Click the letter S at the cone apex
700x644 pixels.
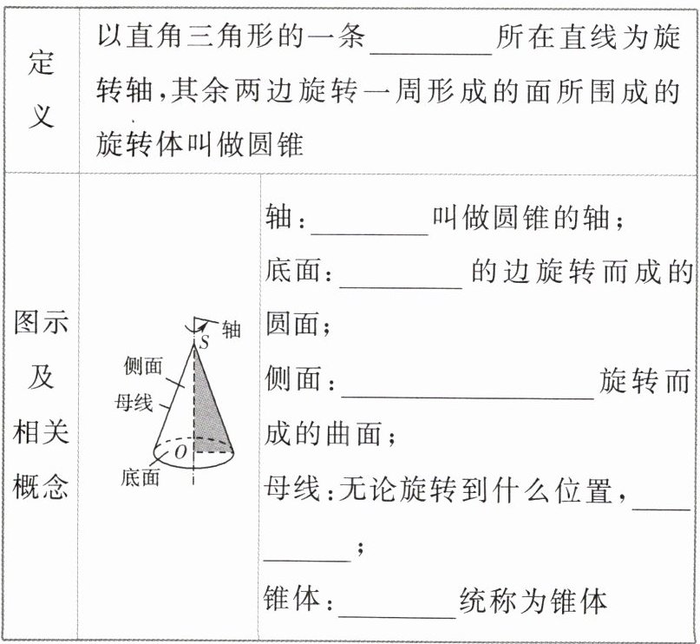coord(205,342)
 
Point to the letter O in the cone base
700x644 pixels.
coord(180,450)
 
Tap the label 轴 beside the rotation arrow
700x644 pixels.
coord(231,329)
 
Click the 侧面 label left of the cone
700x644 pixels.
coord(143,367)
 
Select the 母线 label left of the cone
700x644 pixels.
coord(134,403)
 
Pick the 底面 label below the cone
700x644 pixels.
coord(140,476)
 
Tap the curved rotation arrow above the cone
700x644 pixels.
coord(198,323)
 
